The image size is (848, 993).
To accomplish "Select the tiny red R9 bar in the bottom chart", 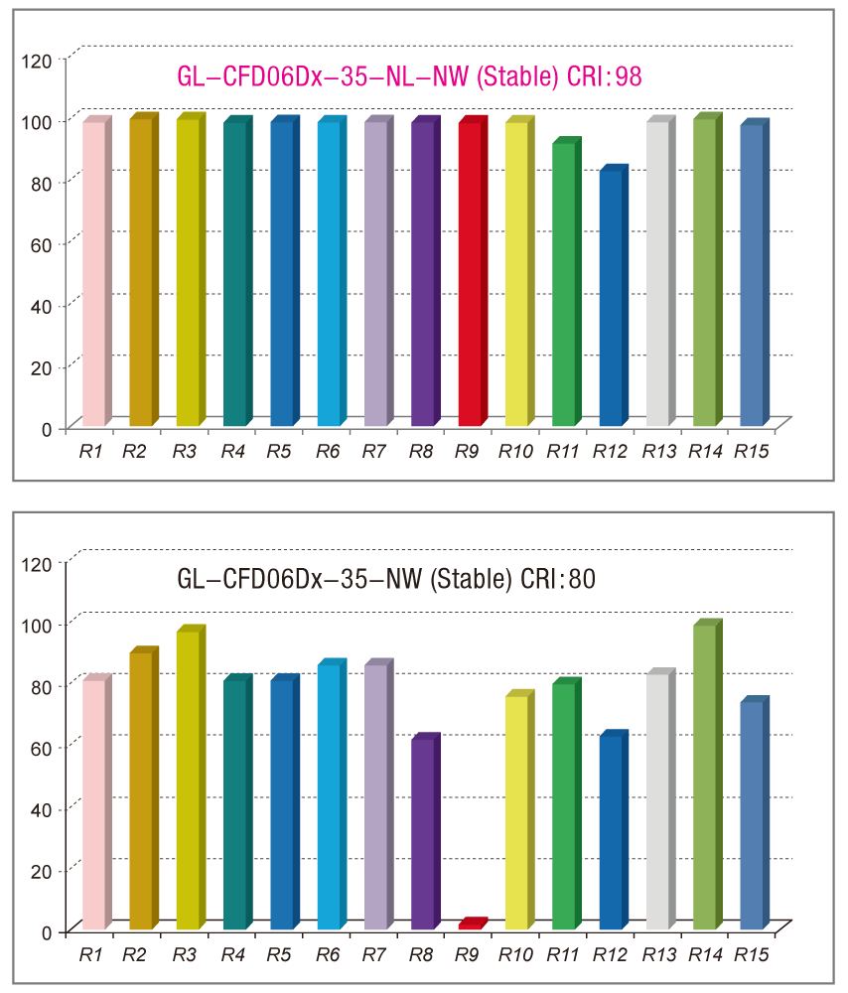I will click(x=470, y=924).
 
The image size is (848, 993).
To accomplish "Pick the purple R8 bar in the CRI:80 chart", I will click(x=422, y=834).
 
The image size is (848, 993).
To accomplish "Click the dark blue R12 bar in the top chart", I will click(x=611, y=298).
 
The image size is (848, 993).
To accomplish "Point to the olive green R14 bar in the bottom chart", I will click(x=704, y=777).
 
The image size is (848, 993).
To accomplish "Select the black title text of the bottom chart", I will click(x=386, y=578).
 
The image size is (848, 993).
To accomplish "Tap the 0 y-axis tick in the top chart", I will click(x=47, y=429).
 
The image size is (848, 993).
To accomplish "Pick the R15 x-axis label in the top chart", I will click(x=752, y=452).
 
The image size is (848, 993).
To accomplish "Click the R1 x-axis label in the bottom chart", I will click(x=91, y=955).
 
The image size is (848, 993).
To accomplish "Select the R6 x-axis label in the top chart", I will click(x=329, y=452).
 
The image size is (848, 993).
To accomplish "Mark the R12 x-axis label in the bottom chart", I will click(x=611, y=955).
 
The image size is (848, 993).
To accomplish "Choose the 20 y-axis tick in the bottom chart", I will click(x=42, y=871).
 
